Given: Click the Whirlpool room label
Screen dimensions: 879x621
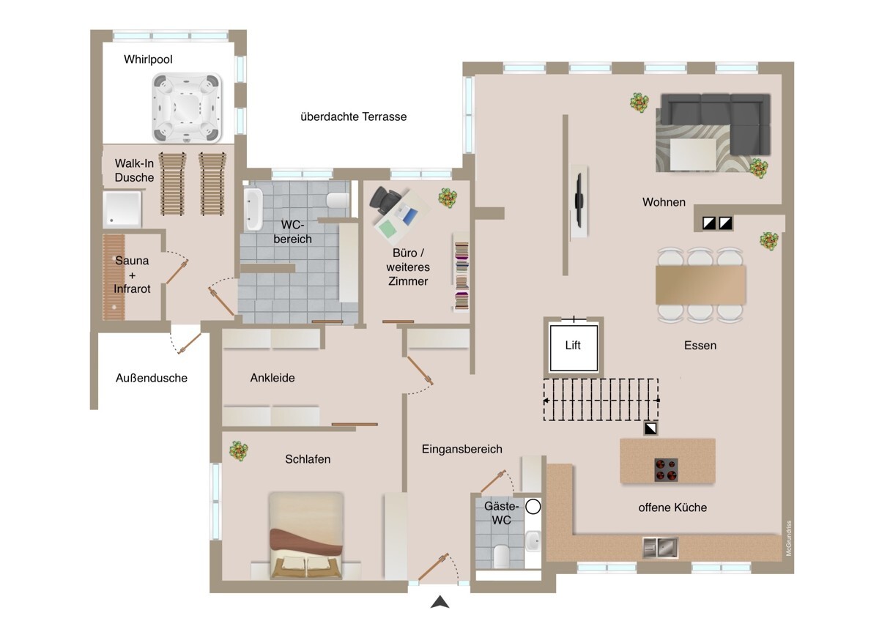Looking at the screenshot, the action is pos(148,59).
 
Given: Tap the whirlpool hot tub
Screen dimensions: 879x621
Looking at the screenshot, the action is pos(187,108).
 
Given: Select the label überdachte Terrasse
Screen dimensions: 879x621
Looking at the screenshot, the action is pos(354,116).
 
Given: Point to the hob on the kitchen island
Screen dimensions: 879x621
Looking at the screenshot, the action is pos(667,470).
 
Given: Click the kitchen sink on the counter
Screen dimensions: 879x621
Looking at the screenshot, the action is pos(660,548).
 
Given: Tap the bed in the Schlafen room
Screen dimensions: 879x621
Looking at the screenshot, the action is pos(305,535).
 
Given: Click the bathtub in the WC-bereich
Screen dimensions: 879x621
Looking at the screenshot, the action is pos(253,209).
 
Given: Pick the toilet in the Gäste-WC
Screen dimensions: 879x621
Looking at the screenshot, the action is pos(501,557).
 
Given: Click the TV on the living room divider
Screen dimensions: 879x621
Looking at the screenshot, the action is pos(579,200).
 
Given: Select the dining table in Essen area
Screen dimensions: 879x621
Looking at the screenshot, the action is pos(700,285).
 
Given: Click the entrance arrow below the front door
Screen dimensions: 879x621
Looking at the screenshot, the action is pos(440,602).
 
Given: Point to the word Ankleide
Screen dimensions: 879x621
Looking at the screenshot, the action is pos(272,378).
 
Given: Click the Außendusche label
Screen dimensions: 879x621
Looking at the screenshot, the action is pos(152,378).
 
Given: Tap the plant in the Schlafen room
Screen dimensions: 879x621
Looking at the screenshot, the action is pos(239,450).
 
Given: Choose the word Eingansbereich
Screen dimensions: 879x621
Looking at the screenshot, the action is pos(462,450).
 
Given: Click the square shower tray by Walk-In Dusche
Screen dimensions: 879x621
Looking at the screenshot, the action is pos(122,209).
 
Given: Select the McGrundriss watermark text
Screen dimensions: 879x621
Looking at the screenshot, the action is pos(789,538).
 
